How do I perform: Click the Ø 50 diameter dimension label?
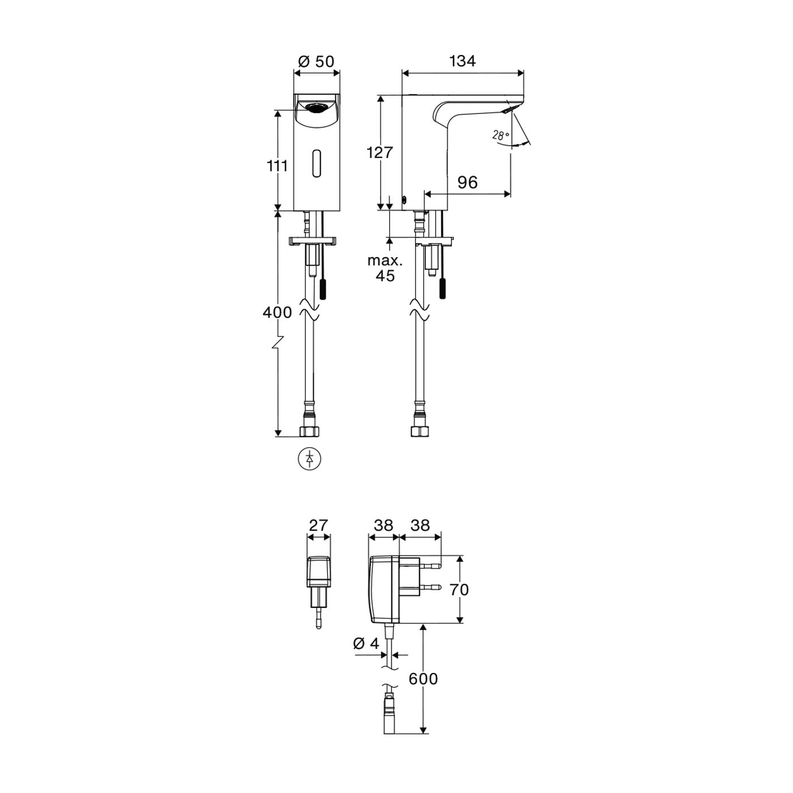coord(316,62)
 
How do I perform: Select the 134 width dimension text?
coord(462,61)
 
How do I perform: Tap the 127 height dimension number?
coord(380,153)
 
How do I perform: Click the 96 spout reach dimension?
coord(467,182)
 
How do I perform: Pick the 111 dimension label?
coord(278,167)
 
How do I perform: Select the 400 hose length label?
coord(278,312)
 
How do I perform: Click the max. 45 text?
coord(385,268)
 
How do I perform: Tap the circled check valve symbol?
coord(310,459)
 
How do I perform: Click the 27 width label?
coord(318,525)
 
